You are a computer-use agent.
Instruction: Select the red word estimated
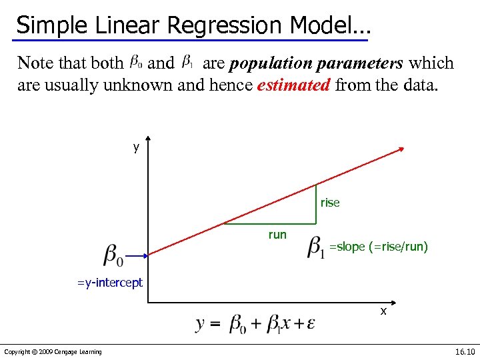[x=293, y=85]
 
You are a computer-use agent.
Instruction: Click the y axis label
[x=136, y=147]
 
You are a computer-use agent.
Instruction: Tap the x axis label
[x=383, y=311]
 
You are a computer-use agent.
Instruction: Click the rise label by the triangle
[x=330, y=203]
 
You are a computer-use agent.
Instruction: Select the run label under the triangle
[x=277, y=234]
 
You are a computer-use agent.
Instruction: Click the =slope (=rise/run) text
[x=379, y=247]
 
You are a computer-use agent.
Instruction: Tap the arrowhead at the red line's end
[x=401, y=150]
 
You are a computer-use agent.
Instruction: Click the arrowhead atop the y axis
[x=147, y=141]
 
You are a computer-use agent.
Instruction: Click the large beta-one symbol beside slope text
[x=316, y=247]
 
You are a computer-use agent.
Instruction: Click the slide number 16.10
[x=464, y=351]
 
